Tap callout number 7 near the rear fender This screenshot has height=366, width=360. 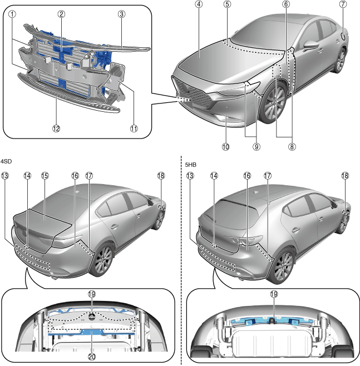pos(343,4)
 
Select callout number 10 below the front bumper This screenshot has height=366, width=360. pos(225,147)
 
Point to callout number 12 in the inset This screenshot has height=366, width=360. pos(56,128)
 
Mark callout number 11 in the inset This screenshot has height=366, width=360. pos(134,128)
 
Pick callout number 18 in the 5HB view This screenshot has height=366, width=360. pos(344,176)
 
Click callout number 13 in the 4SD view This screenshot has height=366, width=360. pos(5,176)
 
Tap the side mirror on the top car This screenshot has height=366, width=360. pos(310,44)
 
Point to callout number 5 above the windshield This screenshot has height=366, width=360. pos(227,4)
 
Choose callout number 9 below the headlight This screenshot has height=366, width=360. pos(257,147)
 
